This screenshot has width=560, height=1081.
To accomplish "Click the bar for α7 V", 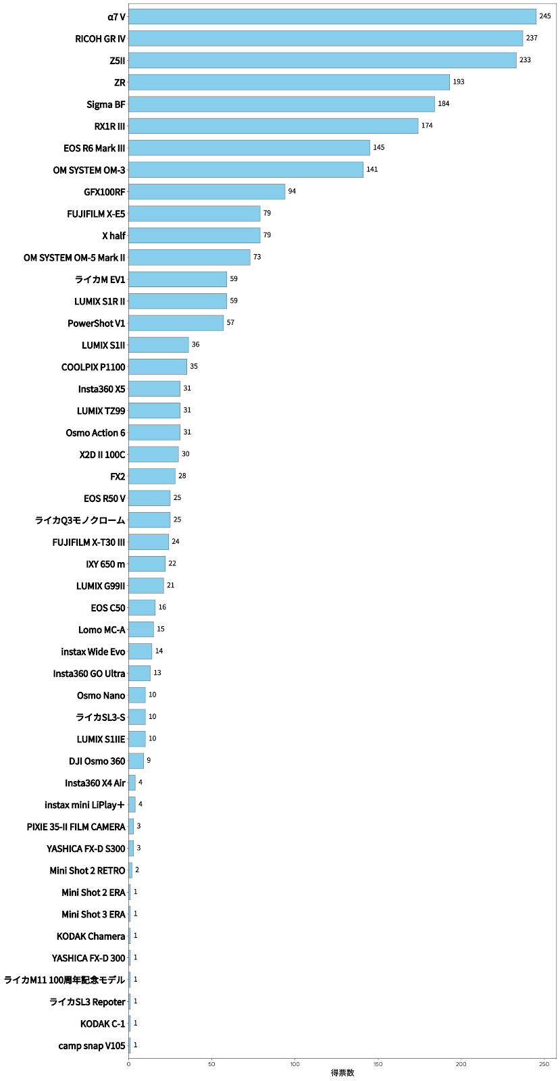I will [x=332, y=16].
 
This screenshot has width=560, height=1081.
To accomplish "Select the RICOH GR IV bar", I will [x=326, y=39].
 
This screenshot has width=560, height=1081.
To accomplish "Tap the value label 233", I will [x=525, y=60].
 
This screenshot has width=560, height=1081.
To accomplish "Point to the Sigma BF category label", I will [x=106, y=105].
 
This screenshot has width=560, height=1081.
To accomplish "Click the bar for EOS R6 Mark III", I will [x=249, y=148].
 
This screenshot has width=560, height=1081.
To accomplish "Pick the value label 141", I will [x=372, y=170].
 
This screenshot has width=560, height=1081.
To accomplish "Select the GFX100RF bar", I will [x=207, y=192].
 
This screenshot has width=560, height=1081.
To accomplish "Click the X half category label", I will [x=113, y=236].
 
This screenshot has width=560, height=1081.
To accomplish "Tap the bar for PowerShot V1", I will [x=176, y=323].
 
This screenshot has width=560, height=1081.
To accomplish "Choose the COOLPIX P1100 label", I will [x=93, y=367].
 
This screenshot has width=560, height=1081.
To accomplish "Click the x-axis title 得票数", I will [x=342, y=1073].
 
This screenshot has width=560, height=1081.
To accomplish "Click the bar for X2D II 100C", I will [x=153, y=454].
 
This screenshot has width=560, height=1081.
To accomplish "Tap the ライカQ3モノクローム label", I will [x=80, y=520].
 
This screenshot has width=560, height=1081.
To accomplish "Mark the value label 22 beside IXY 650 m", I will [x=172, y=563].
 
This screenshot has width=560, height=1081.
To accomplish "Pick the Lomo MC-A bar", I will [x=141, y=630].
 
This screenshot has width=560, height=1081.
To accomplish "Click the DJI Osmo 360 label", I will [x=97, y=761].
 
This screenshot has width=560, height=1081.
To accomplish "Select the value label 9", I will [x=149, y=761].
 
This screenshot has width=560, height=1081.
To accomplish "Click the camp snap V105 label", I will [x=92, y=1046].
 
